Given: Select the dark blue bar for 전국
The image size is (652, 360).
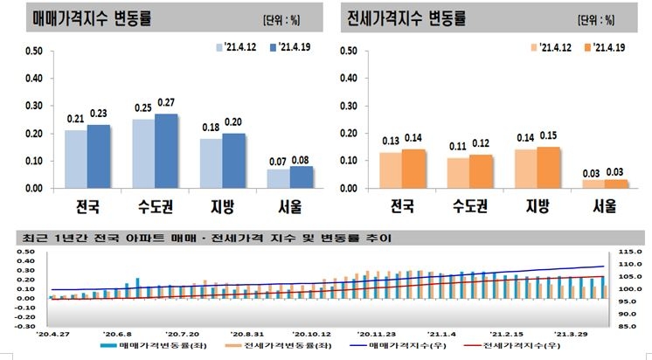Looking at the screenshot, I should tap(100, 156).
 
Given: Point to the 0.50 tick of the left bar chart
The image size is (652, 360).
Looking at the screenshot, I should tap(33, 51).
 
